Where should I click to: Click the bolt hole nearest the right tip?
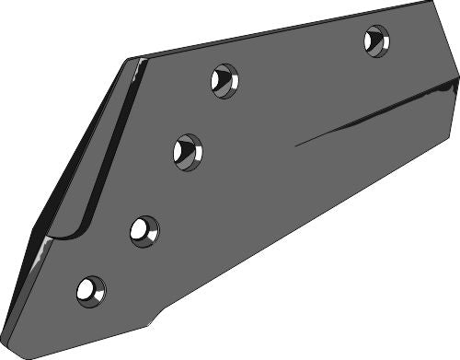[376, 41]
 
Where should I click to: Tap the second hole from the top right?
[224, 81]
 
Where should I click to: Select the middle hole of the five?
[187, 150]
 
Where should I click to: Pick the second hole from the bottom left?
[144, 230]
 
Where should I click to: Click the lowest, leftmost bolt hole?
[90, 291]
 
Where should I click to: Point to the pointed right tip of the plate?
[457, 84]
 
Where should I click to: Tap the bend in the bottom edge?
[147, 324]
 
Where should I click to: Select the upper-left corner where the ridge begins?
[140, 60]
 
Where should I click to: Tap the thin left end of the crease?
[297, 145]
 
